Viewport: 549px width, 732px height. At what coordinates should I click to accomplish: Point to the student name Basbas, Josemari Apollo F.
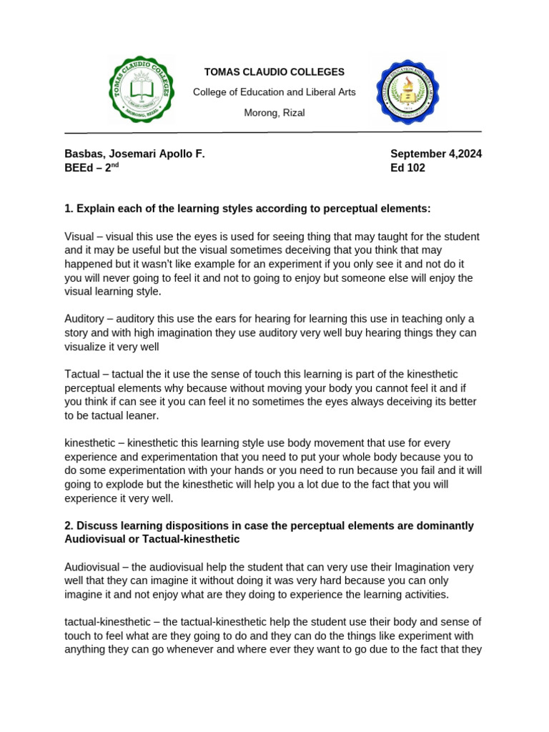(x=134, y=154)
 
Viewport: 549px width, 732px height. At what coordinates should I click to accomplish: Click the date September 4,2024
(x=435, y=154)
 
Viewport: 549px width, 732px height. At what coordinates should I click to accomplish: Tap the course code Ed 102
(x=407, y=168)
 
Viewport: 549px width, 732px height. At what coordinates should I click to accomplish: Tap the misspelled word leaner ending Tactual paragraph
(x=144, y=415)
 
